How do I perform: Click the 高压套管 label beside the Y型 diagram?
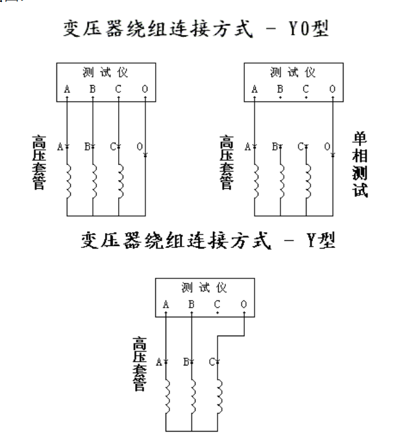138,364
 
